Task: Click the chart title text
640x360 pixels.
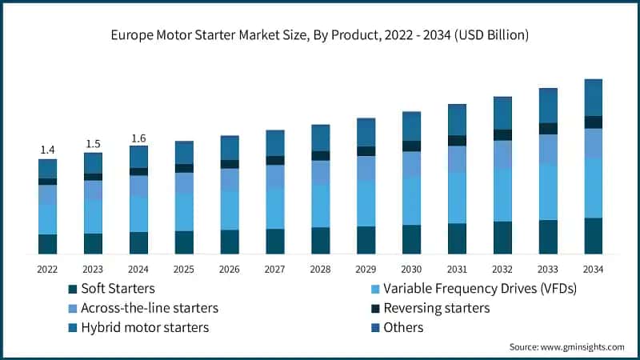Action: coord(320,35)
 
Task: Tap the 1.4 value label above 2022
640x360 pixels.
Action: coord(47,150)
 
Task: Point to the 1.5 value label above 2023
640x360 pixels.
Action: coord(93,144)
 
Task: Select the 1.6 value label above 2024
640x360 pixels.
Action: coord(138,138)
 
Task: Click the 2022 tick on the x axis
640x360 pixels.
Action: coord(47,269)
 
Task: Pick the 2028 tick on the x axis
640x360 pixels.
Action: coord(320,269)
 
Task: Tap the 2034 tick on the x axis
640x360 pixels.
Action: coord(593,269)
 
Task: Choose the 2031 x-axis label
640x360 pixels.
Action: coord(457,269)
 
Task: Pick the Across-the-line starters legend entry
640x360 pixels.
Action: coord(143,308)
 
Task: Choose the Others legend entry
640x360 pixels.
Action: coord(403,327)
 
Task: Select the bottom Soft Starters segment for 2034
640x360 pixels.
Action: coord(593,236)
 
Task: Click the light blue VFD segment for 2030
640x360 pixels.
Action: coord(411,201)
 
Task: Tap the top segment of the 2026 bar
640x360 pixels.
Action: coord(230,148)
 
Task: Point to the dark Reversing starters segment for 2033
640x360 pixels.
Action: coord(548,129)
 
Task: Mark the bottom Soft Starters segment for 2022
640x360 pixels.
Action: coord(47,244)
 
